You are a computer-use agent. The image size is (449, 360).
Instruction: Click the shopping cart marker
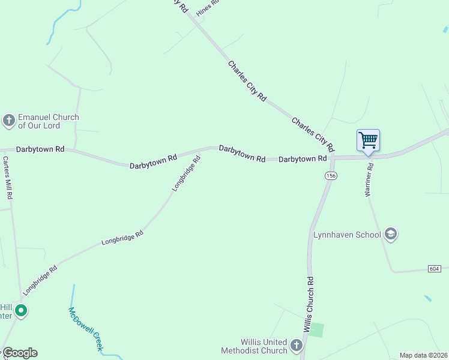[x=368, y=140]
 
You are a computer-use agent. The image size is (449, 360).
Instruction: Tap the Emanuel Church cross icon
[x=9, y=121]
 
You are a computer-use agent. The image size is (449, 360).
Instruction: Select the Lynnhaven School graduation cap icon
[x=391, y=234]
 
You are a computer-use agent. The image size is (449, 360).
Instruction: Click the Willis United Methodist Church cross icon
[x=296, y=345]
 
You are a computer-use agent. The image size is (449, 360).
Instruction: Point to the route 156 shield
[x=331, y=175]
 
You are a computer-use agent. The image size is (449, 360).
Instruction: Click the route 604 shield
[x=434, y=268]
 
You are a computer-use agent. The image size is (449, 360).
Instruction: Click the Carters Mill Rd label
[x=7, y=178]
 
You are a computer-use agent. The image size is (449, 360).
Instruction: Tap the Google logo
[x=20, y=353]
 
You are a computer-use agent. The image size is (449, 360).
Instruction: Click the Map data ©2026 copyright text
[x=423, y=355]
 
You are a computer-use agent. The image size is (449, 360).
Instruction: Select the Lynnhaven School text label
[x=347, y=235]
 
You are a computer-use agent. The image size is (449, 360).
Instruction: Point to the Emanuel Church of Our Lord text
[x=48, y=121]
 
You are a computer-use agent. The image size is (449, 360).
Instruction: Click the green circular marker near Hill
[x=21, y=310]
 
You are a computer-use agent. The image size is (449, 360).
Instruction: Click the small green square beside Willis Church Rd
[x=316, y=329]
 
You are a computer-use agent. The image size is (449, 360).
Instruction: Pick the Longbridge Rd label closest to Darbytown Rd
[x=185, y=173]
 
